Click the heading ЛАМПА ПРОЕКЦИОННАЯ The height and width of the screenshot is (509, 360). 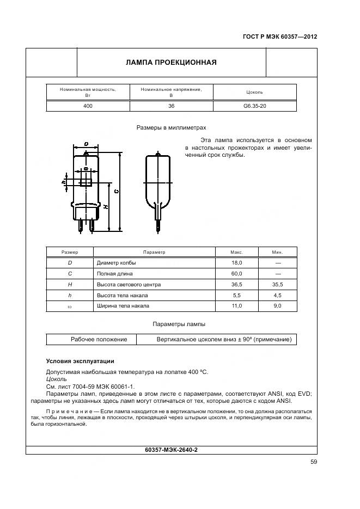point(171,62)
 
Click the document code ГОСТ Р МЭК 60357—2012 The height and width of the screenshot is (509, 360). point(279,37)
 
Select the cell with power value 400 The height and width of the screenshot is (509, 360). point(88,106)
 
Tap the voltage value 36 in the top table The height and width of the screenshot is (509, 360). point(171,106)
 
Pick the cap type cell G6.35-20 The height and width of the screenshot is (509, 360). point(254,106)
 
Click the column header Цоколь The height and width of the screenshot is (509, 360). point(254,92)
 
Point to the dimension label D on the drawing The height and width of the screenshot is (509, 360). point(87,144)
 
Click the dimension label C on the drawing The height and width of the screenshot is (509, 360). point(117,192)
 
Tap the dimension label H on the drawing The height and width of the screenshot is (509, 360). point(106,207)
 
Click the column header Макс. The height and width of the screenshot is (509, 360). point(236,252)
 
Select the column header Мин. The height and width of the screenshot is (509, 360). point(277,252)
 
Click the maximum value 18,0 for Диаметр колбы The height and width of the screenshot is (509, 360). point(236,263)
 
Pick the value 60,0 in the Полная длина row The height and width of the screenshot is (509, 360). point(236,274)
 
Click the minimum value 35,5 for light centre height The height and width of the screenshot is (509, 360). point(277,285)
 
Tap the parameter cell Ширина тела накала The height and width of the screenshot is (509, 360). point(123,306)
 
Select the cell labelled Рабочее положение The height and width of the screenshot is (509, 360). point(99,339)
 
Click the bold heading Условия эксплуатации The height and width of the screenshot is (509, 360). point(80,361)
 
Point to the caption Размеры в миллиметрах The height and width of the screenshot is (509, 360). point(171,128)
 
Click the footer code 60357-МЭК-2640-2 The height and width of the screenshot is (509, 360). point(171,450)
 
